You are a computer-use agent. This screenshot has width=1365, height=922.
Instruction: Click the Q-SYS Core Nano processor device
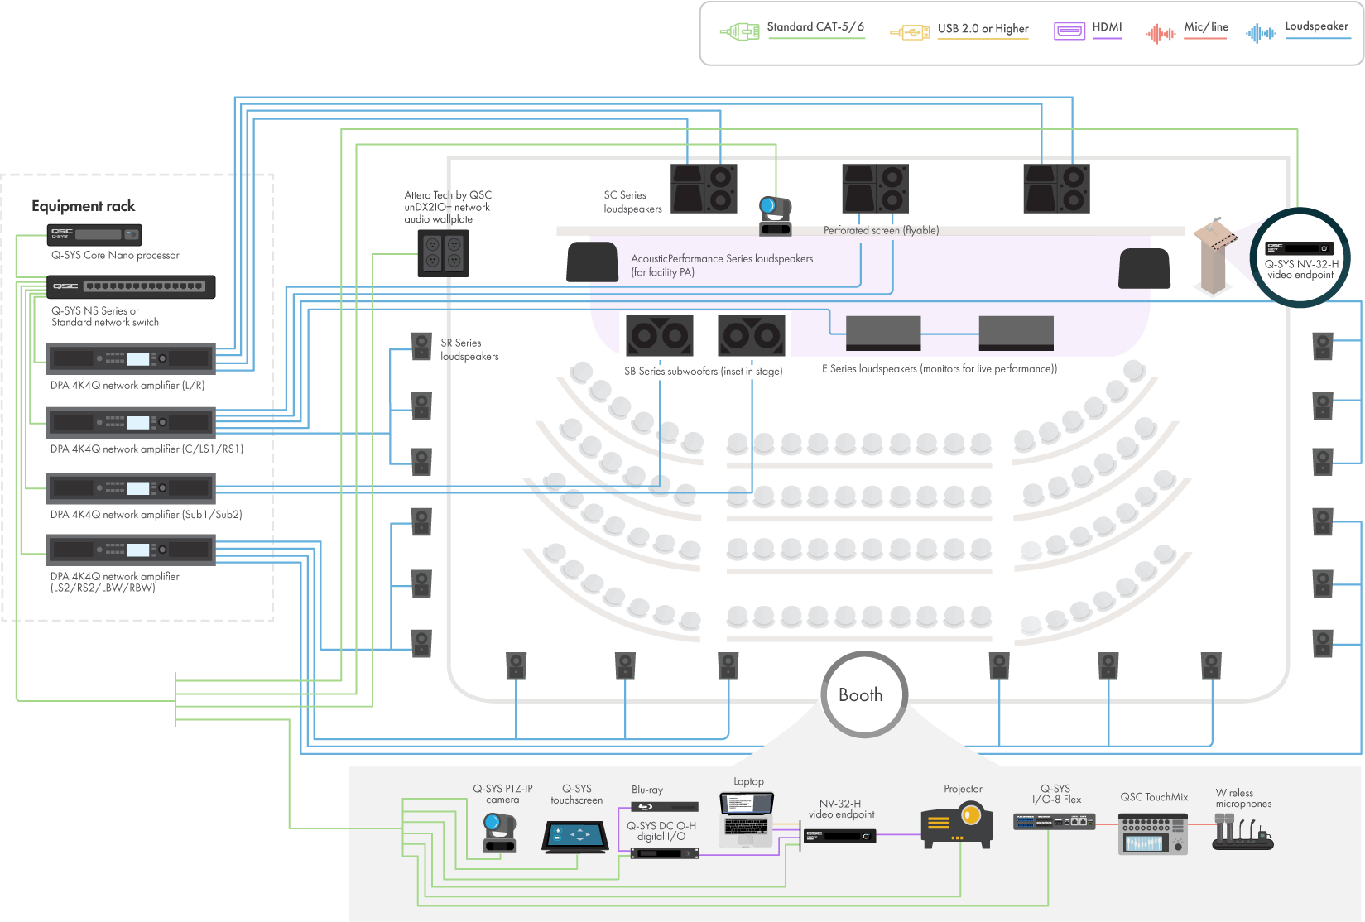pyautogui.click(x=95, y=234)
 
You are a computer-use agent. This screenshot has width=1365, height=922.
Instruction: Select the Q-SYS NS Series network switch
pyautogui.click(x=131, y=286)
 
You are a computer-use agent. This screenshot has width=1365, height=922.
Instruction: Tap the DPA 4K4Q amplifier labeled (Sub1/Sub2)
pyautogui.click(x=131, y=488)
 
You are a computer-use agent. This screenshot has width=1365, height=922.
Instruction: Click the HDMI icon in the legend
pyautogui.click(x=1069, y=31)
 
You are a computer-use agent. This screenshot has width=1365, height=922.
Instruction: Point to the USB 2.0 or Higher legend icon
pyautogui.click(x=909, y=32)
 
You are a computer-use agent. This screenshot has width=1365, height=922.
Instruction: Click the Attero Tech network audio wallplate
pyautogui.click(x=443, y=252)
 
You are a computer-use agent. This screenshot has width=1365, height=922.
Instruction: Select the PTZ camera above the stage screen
pyautogui.click(x=776, y=215)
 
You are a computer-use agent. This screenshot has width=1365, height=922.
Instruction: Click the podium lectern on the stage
pyautogui.click(x=1214, y=256)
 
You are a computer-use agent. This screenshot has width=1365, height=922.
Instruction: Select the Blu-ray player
pyautogui.click(x=665, y=806)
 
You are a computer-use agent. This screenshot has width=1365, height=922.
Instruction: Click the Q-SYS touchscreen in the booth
pyautogui.click(x=575, y=837)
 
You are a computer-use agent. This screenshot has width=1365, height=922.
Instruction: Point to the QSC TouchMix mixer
pyautogui.click(x=1153, y=833)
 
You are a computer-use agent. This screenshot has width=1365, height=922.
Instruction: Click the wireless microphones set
pyautogui.click(x=1242, y=833)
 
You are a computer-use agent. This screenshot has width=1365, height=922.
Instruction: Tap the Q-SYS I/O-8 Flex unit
pyautogui.click(x=1054, y=821)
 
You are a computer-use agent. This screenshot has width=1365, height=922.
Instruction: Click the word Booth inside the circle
pyautogui.click(x=861, y=695)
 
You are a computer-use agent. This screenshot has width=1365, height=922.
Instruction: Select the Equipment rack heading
pyautogui.click(x=84, y=206)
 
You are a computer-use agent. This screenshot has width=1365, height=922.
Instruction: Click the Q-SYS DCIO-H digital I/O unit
pyautogui.click(x=665, y=852)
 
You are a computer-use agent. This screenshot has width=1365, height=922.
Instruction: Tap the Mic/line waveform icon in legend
pyautogui.click(x=1161, y=33)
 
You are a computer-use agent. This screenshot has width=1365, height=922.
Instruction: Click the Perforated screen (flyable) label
pyautogui.click(x=881, y=231)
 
